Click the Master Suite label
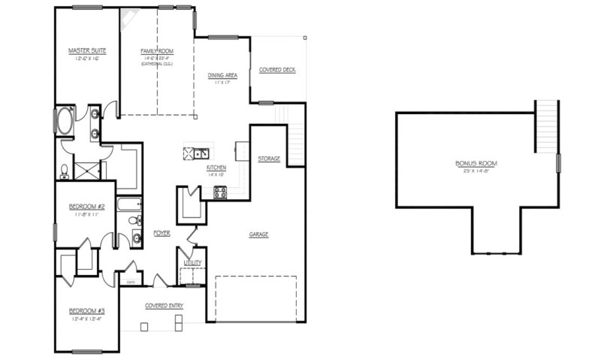pos(86,51)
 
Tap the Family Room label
pos(156,51)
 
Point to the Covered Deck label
pos(277,70)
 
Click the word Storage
pos(269,159)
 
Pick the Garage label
pos(258,234)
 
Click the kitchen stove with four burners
pos(220,192)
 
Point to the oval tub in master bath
pos(63,121)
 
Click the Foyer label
pos(162,234)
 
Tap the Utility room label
pos(193,263)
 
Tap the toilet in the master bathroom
pos(65,171)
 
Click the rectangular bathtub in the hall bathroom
pos(130,203)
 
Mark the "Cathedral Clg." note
pos(156,64)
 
